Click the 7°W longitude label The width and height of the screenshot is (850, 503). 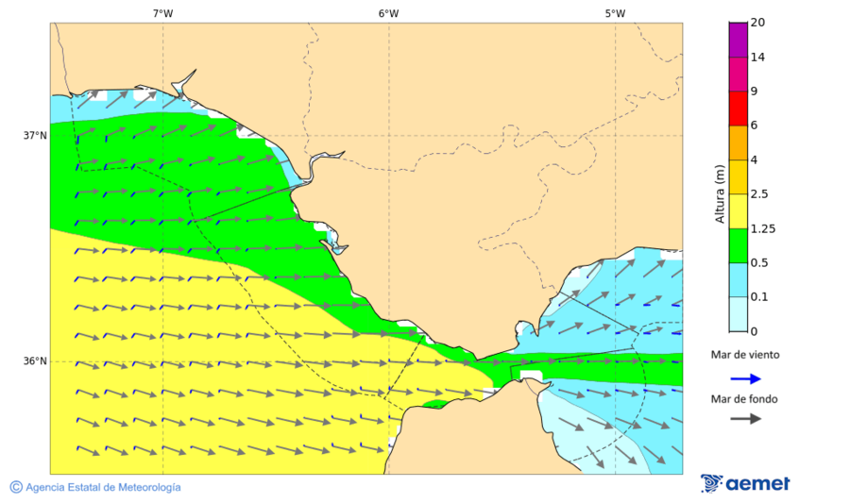(x=162, y=13)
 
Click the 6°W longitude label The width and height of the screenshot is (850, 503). (x=388, y=13)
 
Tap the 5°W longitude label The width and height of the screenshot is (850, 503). (x=615, y=13)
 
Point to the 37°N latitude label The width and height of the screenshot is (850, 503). (x=35, y=136)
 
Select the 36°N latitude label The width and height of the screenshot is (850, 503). (x=35, y=361)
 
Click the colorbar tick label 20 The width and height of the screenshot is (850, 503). (x=757, y=23)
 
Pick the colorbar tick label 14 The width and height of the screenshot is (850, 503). (x=757, y=58)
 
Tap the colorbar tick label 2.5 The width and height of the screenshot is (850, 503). (x=759, y=194)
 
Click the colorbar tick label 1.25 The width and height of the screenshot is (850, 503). (x=762, y=228)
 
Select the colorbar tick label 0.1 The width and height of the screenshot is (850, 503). (x=759, y=297)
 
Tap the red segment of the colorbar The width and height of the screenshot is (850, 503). (x=738, y=109)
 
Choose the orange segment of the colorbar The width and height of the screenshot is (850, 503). (x=738, y=143)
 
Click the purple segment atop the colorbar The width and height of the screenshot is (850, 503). (x=738, y=40)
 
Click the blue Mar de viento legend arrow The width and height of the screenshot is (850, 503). (x=745, y=378)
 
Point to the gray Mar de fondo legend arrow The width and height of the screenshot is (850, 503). (x=745, y=418)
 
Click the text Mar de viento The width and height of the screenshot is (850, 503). (x=745, y=355)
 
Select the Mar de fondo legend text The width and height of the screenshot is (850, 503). (x=745, y=399)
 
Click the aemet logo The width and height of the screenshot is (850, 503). (x=745, y=483)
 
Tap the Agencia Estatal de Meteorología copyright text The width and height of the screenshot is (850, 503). (x=95, y=487)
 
